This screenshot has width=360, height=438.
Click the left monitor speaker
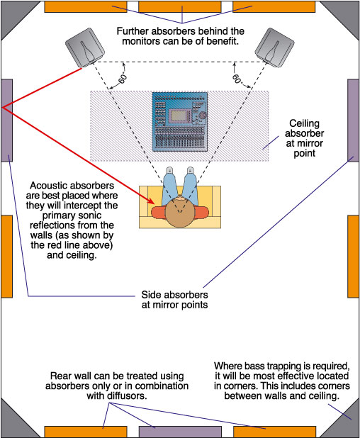coord(85,47)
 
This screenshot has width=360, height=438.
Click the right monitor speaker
coord(274,47)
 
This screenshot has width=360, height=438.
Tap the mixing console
coord(180,121)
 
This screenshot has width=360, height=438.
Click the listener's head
coord(179,213)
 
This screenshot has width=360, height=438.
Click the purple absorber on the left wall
coord(6,120)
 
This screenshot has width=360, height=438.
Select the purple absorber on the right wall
coord(354,120)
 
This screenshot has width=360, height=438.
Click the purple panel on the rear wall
coord(180,432)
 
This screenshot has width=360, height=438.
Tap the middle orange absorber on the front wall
coord(180,7)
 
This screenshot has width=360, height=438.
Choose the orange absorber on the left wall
coord(6,257)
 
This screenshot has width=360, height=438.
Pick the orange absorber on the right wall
coord(354,257)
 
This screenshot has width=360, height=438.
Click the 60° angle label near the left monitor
coord(123,79)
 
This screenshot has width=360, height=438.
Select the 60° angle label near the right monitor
coord(237,79)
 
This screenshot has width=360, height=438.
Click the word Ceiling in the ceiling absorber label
coord(305,123)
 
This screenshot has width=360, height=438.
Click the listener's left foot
coord(169,170)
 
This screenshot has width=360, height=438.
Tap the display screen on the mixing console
coord(180,116)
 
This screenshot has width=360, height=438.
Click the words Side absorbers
coord(174,295)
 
